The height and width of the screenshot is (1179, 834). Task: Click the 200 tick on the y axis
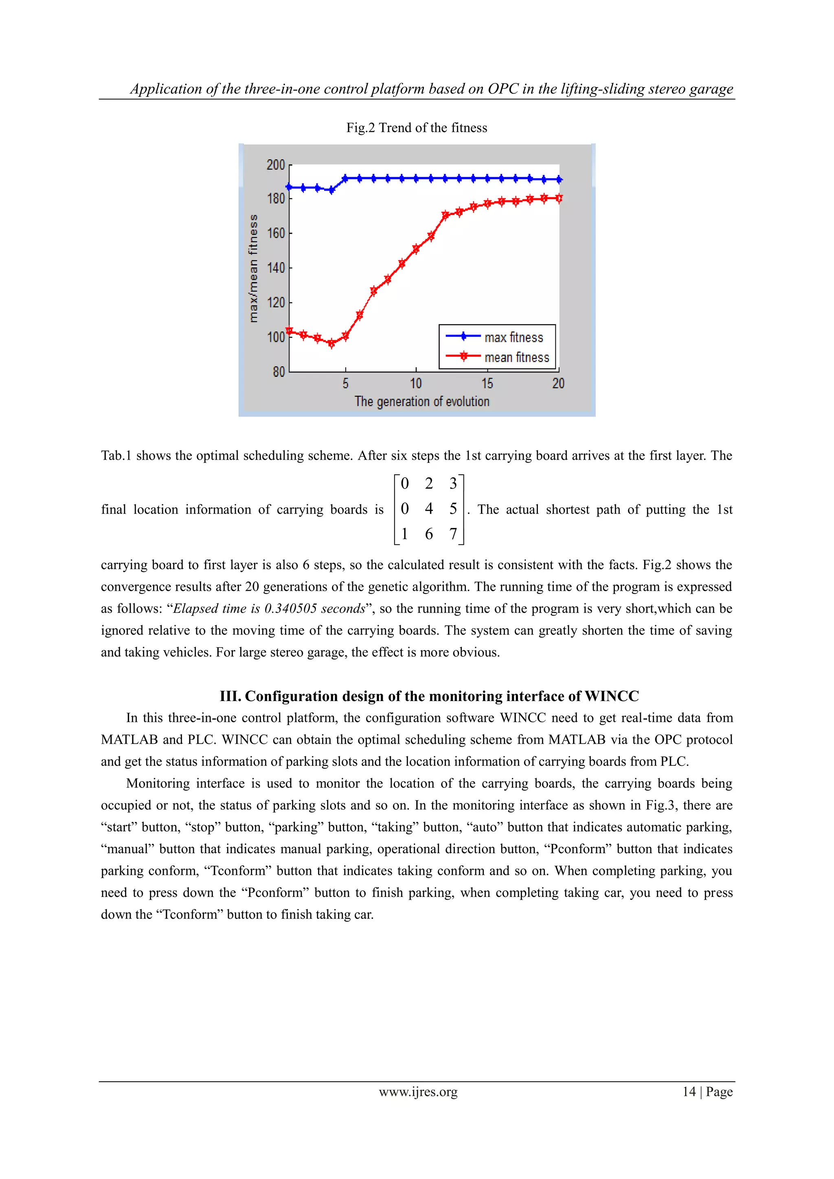point(276,165)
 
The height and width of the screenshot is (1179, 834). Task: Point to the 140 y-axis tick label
point(276,267)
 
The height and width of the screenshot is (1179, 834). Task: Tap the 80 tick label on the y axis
point(279,371)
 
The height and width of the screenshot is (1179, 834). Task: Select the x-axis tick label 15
point(487,384)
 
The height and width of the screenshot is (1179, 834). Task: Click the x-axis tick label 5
point(346,384)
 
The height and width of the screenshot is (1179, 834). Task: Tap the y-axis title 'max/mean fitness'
point(253,268)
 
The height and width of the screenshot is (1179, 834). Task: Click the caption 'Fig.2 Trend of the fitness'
point(417,127)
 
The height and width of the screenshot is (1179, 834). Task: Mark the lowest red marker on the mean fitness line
point(331,343)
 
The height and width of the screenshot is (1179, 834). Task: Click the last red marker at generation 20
point(559,198)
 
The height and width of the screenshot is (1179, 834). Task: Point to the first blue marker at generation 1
point(289,187)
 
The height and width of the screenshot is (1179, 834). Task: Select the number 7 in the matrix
point(453,534)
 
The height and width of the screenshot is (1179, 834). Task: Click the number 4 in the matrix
point(429,509)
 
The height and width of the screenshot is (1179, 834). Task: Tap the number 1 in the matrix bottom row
point(405,534)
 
